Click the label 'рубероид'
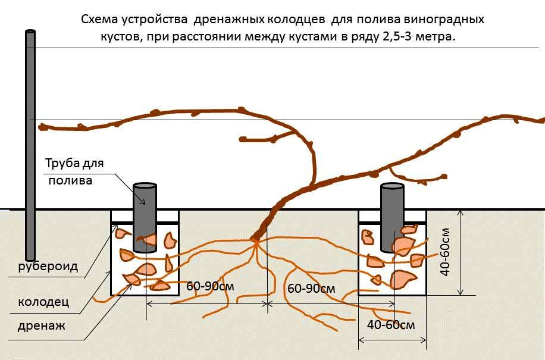point(48,267)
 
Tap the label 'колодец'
point(43,302)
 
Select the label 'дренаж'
point(42,326)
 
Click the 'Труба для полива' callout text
point(74,171)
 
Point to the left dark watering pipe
point(145,217)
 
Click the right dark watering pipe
point(392,218)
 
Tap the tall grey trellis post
point(30,145)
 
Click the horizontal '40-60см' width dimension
point(391,324)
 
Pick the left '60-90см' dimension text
point(210,286)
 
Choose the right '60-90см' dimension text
point(311,288)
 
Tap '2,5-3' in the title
point(397,37)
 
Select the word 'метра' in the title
point(434,37)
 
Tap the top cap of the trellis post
point(30,32)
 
